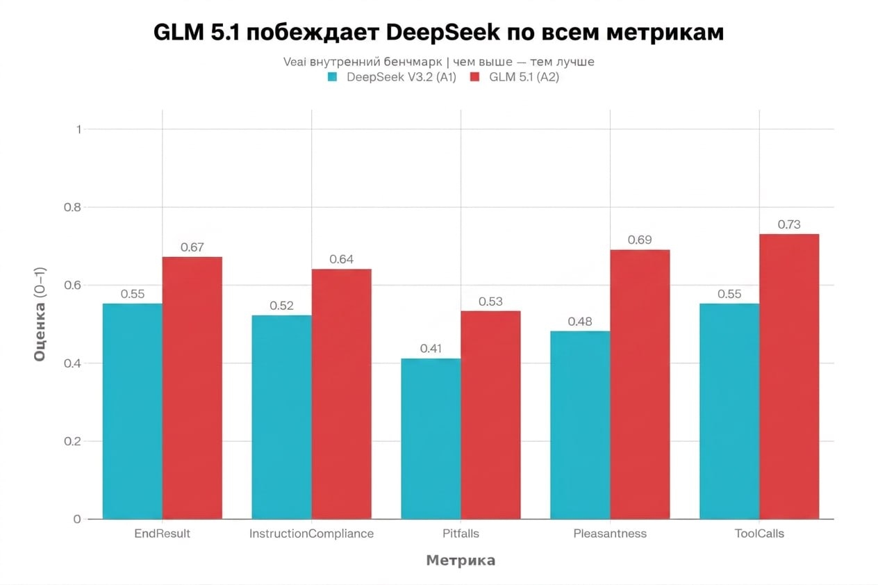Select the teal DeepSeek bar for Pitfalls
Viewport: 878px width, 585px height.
click(x=431, y=438)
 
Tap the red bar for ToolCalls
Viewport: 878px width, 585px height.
click(x=789, y=376)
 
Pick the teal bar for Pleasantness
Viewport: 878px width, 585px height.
click(x=580, y=425)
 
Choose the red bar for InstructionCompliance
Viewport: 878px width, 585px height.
click(x=341, y=393)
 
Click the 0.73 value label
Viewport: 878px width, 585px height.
click(x=789, y=224)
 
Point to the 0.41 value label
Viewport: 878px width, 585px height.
click(x=431, y=349)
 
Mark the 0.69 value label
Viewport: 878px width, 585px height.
click(x=639, y=240)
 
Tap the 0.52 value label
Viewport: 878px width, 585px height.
click(x=281, y=306)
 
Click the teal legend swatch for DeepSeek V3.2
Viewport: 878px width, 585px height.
click(x=333, y=77)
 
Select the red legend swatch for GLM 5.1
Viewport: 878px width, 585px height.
click(x=475, y=77)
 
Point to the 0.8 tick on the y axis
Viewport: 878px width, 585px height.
click(x=72, y=207)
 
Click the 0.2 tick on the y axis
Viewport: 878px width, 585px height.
click(x=72, y=441)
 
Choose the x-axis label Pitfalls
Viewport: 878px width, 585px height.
click(x=461, y=534)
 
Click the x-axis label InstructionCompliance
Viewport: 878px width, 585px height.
click(x=311, y=534)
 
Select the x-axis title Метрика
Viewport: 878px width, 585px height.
click(x=461, y=561)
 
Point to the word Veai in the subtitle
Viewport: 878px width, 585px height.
click(x=295, y=62)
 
